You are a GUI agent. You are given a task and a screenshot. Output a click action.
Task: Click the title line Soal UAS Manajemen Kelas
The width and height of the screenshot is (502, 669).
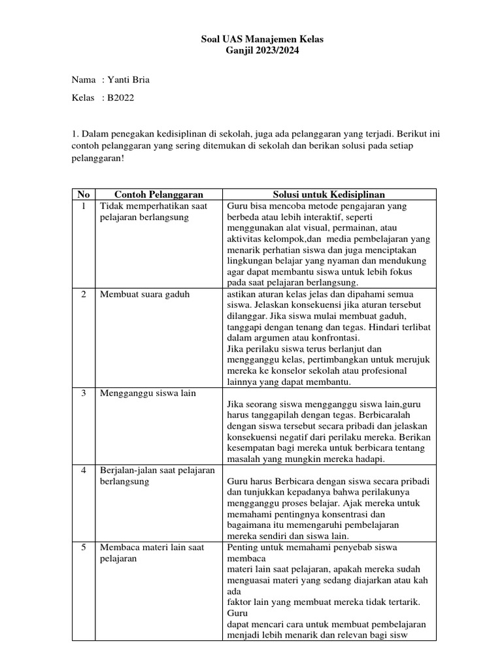261,40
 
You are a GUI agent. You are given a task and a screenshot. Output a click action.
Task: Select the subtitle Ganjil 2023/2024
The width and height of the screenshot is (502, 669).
261,51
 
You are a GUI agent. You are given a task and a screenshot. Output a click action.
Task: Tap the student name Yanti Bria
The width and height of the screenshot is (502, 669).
133,80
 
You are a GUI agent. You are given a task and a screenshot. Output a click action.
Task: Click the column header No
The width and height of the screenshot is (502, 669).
83,194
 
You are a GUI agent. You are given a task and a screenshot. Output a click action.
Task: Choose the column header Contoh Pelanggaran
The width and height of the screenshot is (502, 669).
159,194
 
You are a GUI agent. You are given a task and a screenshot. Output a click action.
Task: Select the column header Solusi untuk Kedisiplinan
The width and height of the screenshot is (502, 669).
329,194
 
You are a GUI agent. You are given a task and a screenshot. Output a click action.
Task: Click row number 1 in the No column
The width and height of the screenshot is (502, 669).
83,205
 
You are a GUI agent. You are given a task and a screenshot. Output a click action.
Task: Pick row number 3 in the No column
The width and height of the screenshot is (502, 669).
83,393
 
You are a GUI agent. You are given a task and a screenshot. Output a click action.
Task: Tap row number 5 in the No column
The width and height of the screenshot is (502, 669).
83,547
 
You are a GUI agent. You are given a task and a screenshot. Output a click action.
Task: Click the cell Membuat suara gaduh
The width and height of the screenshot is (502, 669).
144,294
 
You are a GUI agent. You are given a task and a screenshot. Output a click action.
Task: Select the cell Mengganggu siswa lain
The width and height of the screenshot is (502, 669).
148,393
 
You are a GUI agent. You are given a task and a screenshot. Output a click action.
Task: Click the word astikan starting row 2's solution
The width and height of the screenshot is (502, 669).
241,294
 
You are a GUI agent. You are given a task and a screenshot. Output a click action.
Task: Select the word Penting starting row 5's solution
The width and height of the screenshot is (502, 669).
243,547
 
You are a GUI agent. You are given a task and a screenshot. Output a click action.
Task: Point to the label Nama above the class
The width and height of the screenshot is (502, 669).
83,80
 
